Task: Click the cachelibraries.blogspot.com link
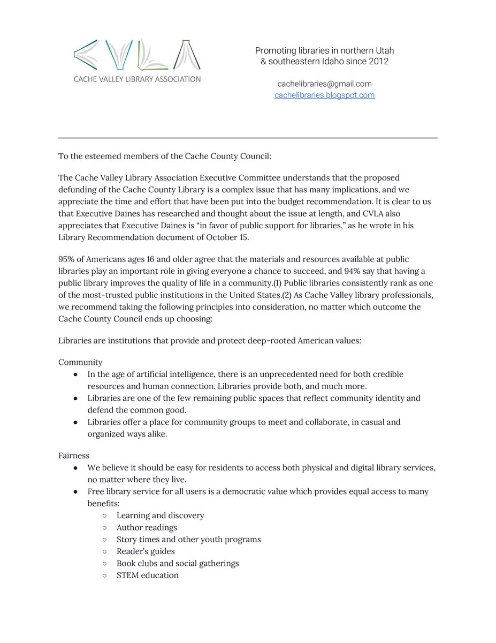pyautogui.click(x=324, y=95)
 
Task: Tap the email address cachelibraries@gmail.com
pyautogui.click(x=324, y=84)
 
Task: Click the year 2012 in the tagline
pyautogui.click(x=378, y=62)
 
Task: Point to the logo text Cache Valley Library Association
pyautogui.click(x=138, y=79)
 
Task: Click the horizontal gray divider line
pyautogui.click(x=248, y=138)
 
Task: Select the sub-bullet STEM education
pyautogui.click(x=147, y=575)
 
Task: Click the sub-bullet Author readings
pyautogui.click(x=147, y=528)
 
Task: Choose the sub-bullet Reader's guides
pyautogui.click(x=146, y=551)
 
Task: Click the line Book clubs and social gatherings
pyautogui.click(x=178, y=563)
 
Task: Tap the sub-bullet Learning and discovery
pyautogui.click(x=160, y=515)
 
